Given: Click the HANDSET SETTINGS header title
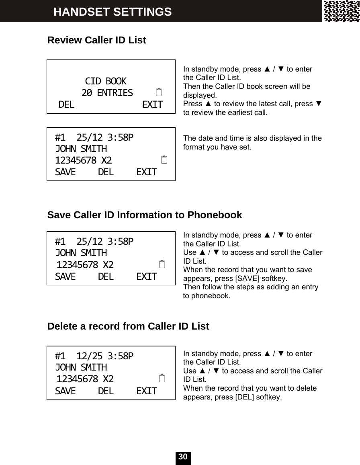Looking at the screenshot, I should click(x=112, y=12).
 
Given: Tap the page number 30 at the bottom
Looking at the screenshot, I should click(x=183, y=457).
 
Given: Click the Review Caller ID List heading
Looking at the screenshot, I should click(x=97, y=40).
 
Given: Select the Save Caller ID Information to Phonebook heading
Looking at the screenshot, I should click(x=145, y=215).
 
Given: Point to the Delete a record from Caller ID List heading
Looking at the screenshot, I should click(x=128, y=326).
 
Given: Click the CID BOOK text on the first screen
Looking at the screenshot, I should click(x=106, y=82).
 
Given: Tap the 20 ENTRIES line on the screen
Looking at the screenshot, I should click(x=107, y=93).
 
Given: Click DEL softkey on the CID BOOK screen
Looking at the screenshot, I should click(x=66, y=105).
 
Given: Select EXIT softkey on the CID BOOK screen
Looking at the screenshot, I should click(x=153, y=105).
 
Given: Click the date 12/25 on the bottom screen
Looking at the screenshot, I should click(x=89, y=356).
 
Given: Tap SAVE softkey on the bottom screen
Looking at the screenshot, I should click(x=65, y=391).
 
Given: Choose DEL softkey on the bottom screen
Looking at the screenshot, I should click(x=106, y=391).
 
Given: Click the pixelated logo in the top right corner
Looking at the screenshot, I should click(x=342, y=11).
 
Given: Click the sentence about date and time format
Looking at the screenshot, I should click(x=252, y=143).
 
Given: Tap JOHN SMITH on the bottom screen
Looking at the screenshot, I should click(x=81, y=367).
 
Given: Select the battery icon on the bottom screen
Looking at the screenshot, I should click(x=162, y=378).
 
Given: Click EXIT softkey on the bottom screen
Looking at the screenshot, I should click(x=147, y=391).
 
